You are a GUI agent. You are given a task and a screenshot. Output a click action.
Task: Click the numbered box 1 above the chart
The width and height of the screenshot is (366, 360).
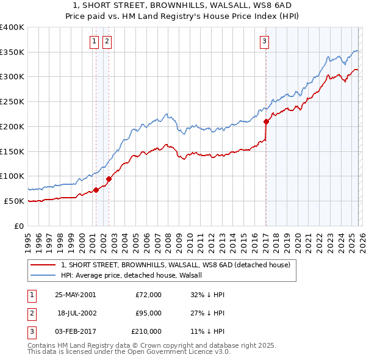click(95, 41)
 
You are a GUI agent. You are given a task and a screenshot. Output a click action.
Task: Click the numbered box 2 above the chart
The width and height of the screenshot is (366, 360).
click(107, 41)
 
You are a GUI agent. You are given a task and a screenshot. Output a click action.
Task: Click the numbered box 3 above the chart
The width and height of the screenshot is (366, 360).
click(265, 41)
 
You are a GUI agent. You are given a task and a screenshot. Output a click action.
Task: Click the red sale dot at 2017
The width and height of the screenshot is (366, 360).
click(266, 121)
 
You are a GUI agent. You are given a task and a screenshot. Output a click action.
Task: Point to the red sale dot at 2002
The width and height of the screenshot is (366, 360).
click(109, 179)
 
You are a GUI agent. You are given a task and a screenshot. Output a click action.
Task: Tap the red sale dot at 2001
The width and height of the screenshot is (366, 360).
click(96, 190)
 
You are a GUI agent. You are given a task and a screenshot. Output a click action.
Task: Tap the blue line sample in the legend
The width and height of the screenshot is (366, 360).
click(44, 275)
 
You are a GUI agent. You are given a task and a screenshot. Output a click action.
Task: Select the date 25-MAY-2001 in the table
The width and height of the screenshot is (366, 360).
click(75, 295)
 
